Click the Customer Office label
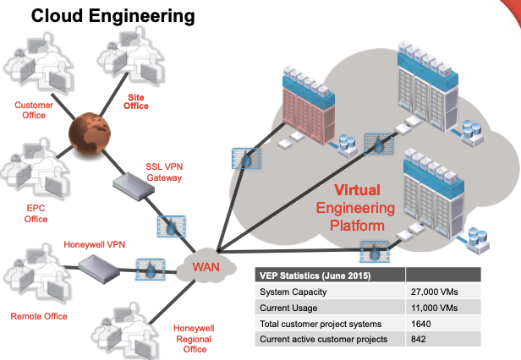34,110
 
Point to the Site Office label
136,101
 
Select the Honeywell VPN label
94,245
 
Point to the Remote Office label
39,316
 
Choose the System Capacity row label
293,292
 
